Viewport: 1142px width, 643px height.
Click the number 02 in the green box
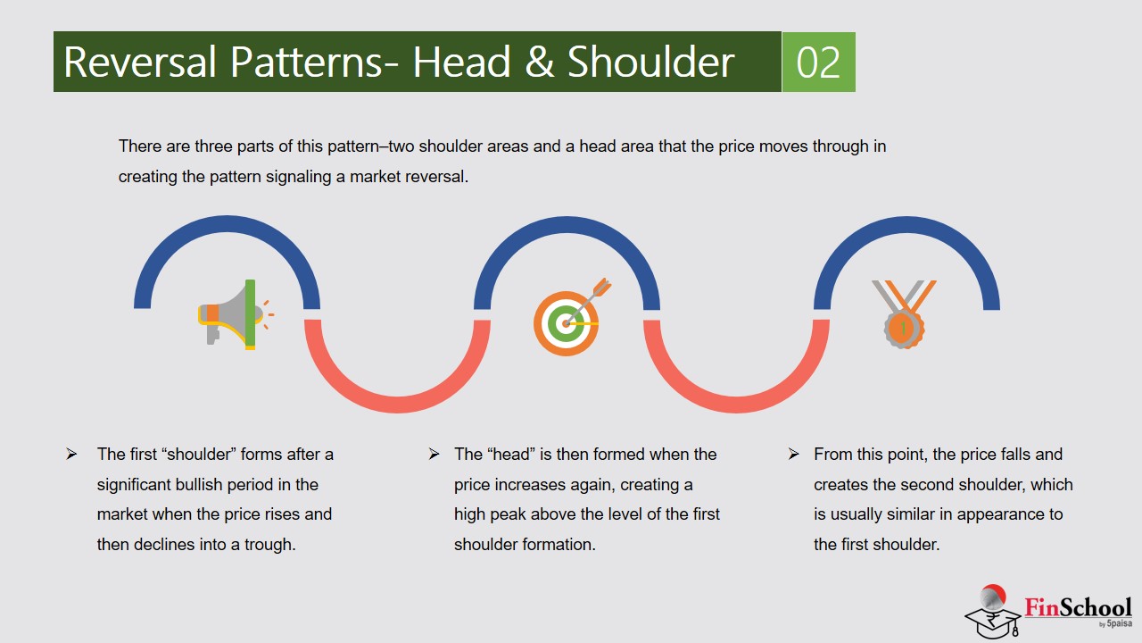point(818,63)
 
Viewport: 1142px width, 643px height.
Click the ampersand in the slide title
point(540,62)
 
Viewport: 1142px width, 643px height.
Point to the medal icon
point(904,314)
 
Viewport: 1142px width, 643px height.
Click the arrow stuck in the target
point(588,302)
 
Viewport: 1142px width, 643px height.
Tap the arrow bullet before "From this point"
point(793,454)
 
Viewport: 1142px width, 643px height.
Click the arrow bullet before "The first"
point(71,454)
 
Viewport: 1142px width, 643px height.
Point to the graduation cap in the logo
point(992,622)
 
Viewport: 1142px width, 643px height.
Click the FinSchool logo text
point(1078,608)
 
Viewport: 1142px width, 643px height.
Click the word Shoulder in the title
point(650,62)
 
